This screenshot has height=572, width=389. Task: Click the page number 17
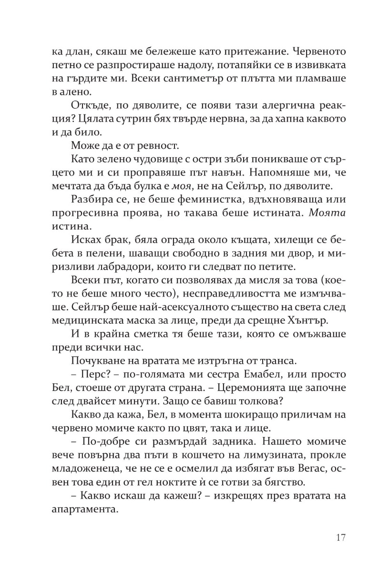click(x=340, y=537)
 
